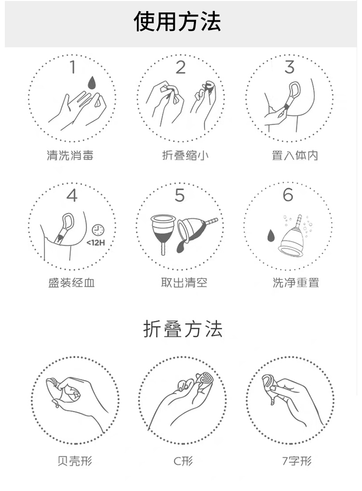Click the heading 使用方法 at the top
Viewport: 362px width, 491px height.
point(177,22)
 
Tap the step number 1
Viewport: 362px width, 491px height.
point(73,67)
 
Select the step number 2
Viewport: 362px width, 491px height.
point(181,68)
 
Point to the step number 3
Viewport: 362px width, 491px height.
point(289,68)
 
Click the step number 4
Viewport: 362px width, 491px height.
point(72,196)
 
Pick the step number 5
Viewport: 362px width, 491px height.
point(180,196)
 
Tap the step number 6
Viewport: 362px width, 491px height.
point(288,195)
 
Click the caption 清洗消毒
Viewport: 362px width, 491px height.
point(70,155)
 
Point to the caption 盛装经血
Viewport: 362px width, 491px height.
point(71,282)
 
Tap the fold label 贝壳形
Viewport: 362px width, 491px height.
point(74,461)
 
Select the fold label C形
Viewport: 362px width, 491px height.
point(183,461)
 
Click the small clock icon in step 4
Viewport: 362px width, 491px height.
point(98,229)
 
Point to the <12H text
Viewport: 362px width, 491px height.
point(96,242)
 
